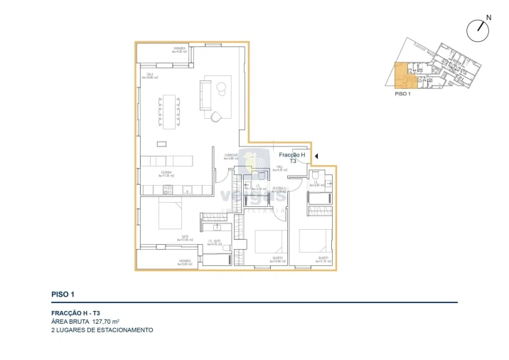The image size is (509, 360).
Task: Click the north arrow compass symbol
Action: click(479, 29)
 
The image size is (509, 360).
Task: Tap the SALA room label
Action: click(150, 75)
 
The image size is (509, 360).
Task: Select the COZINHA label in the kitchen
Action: click(166, 174)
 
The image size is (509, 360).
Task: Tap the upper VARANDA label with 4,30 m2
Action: click(179, 49)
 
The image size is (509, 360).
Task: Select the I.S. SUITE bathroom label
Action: click(215, 243)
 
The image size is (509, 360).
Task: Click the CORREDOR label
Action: click(231, 157)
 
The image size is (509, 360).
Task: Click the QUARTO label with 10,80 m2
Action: click(277, 259)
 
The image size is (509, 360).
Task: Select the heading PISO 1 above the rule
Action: click(63, 294)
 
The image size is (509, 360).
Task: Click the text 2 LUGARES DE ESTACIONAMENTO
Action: click(102, 330)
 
